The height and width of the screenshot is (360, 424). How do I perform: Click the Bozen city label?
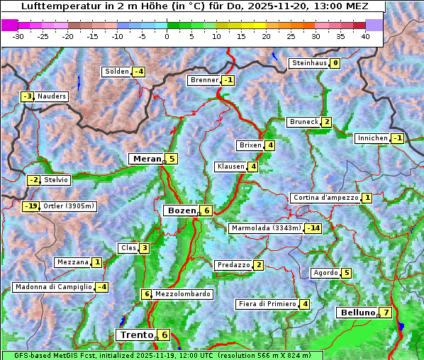click(181, 210)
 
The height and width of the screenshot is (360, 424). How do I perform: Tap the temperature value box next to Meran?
click(172, 159)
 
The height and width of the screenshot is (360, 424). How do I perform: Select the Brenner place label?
click(204, 80)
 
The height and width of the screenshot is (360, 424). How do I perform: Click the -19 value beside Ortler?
click(30, 206)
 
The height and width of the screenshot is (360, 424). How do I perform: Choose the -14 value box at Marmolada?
click(313, 228)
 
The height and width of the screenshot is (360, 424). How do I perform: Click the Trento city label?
click(137, 334)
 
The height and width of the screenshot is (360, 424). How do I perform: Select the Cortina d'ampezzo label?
click(325, 198)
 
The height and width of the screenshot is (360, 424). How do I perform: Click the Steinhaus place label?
click(309, 63)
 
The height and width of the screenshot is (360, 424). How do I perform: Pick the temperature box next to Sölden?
click(139, 72)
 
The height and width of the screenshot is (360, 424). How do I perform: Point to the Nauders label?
click(52, 96)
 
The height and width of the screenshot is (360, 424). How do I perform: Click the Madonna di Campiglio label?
click(53, 287)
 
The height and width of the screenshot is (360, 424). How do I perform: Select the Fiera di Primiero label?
click(267, 304)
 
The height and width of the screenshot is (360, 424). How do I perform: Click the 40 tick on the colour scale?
click(365, 35)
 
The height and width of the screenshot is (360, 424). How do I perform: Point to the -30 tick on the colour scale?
click(18, 35)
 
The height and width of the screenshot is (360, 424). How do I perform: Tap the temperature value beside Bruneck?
click(326, 122)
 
